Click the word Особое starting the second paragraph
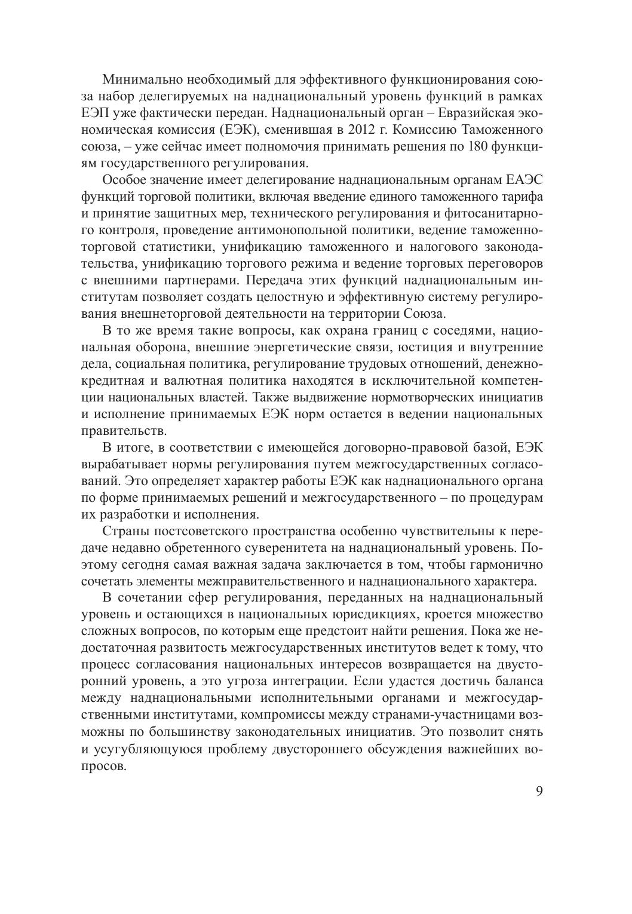pyautogui.click(x=122, y=180)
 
